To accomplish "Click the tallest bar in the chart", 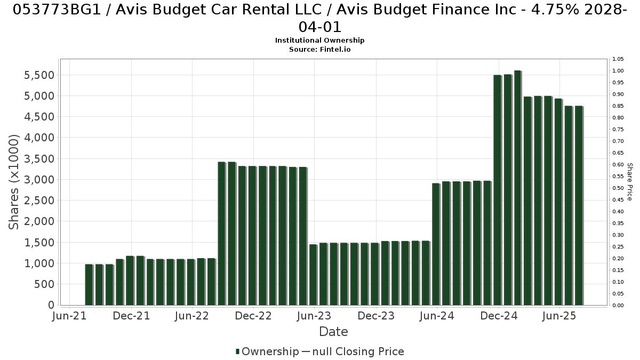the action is pyautogui.click(x=518, y=188).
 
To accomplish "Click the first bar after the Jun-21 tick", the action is pyautogui.click(x=89, y=285).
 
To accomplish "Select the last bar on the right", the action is pyautogui.click(x=579, y=205).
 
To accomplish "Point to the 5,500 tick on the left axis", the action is pyautogui.click(x=39, y=75).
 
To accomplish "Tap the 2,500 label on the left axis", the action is pyautogui.click(x=39, y=201).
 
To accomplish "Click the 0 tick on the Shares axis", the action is pyautogui.click(x=51, y=305).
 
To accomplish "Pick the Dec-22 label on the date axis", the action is pyautogui.click(x=253, y=316).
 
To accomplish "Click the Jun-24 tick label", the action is pyautogui.click(x=437, y=316).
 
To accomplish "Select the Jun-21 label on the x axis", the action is pyautogui.click(x=69, y=316).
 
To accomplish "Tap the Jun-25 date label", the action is pyautogui.click(x=559, y=316).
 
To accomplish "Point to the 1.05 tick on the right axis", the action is pyautogui.click(x=618, y=59).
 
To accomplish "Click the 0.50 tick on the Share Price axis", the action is pyautogui.click(x=618, y=188).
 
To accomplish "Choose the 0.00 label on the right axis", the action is pyautogui.click(x=618, y=306).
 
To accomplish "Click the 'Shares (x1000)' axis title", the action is pyautogui.click(x=13, y=182).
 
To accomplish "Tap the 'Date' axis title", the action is pyautogui.click(x=333, y=332).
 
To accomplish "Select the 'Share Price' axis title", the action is pyautogui.click(x=629, y=182).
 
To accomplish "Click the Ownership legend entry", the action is pyautogui.click(x=267, y=351).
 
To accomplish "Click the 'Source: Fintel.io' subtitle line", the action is pyautogui.click(x=319, y=50).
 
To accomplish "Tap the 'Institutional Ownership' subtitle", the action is pyautogui.click(x=319, y=41).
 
